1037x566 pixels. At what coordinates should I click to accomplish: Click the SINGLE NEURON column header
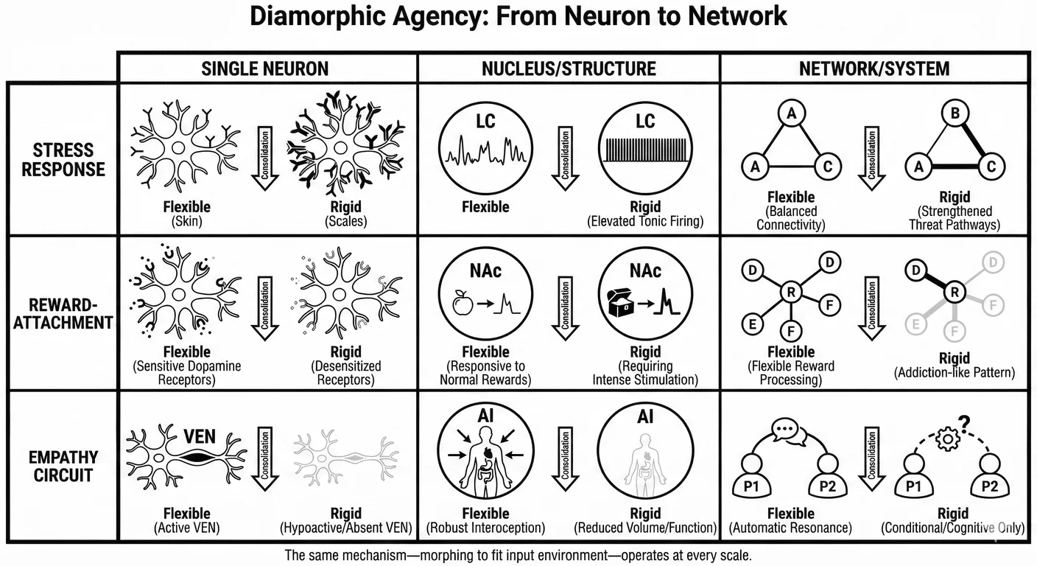pyautogui.click(x=265, y=69)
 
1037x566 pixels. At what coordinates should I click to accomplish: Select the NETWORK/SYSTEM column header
pyautogui.click(x=874, y=69)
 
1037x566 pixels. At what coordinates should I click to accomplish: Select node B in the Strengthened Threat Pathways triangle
pyautogui.click(x=955, y=114)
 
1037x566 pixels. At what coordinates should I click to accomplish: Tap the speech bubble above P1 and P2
pyautogui.click(x=789, y=429)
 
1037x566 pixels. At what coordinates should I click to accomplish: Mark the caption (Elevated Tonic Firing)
pyautogui.click(x=645, y=221)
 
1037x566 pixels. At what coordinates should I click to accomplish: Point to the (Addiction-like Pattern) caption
pyautogui.click(x=955, y=373)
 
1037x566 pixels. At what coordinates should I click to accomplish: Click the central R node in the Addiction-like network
pyautogui.click(x=955, y=293)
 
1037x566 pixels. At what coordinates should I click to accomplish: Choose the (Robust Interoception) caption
pyautogui.click(x=485, y=528)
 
